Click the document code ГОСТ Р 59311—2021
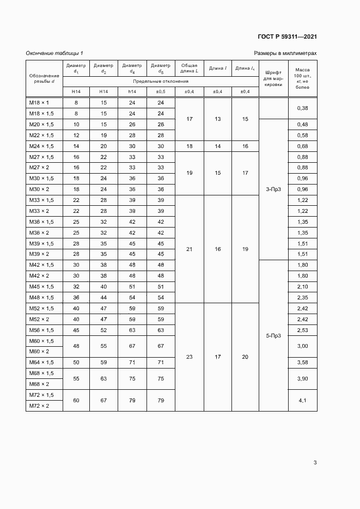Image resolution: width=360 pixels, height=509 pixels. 287,37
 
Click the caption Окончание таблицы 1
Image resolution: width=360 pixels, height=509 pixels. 54,53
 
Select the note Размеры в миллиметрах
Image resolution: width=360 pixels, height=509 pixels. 285,53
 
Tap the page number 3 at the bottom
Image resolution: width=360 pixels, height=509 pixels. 315,463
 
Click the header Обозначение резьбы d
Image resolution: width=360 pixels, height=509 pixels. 44,78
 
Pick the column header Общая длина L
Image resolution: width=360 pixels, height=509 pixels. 189,68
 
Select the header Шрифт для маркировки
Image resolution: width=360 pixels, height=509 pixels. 273,78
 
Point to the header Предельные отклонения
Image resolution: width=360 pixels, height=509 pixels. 160,81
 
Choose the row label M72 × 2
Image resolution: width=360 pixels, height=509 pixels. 40,406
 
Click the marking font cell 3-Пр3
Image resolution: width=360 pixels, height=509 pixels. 273,189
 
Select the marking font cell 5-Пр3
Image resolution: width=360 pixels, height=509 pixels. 273,335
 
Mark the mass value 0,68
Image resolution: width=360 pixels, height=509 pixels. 302,146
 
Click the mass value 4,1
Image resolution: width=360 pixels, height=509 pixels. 302,400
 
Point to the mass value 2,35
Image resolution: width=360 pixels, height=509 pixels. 302,297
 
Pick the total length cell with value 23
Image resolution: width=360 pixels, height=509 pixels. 189,357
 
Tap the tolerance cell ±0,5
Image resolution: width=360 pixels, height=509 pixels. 160,91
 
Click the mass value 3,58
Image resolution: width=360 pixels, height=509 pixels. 302,363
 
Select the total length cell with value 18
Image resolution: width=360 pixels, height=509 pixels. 189,146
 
